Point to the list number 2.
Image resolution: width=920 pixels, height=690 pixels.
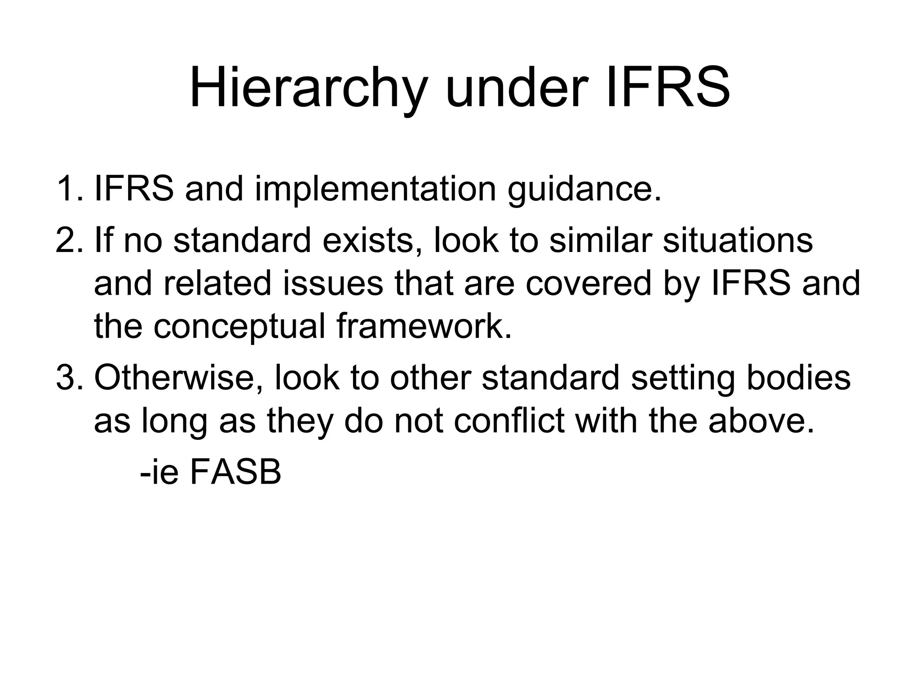[68, 240]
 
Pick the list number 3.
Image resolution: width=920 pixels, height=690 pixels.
[68, 378]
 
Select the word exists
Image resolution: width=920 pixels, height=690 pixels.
[372, 240]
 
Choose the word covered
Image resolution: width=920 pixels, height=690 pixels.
[588, 284]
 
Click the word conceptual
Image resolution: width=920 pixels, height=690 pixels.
[239, 327]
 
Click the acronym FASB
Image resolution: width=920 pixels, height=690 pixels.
[235, 472]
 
